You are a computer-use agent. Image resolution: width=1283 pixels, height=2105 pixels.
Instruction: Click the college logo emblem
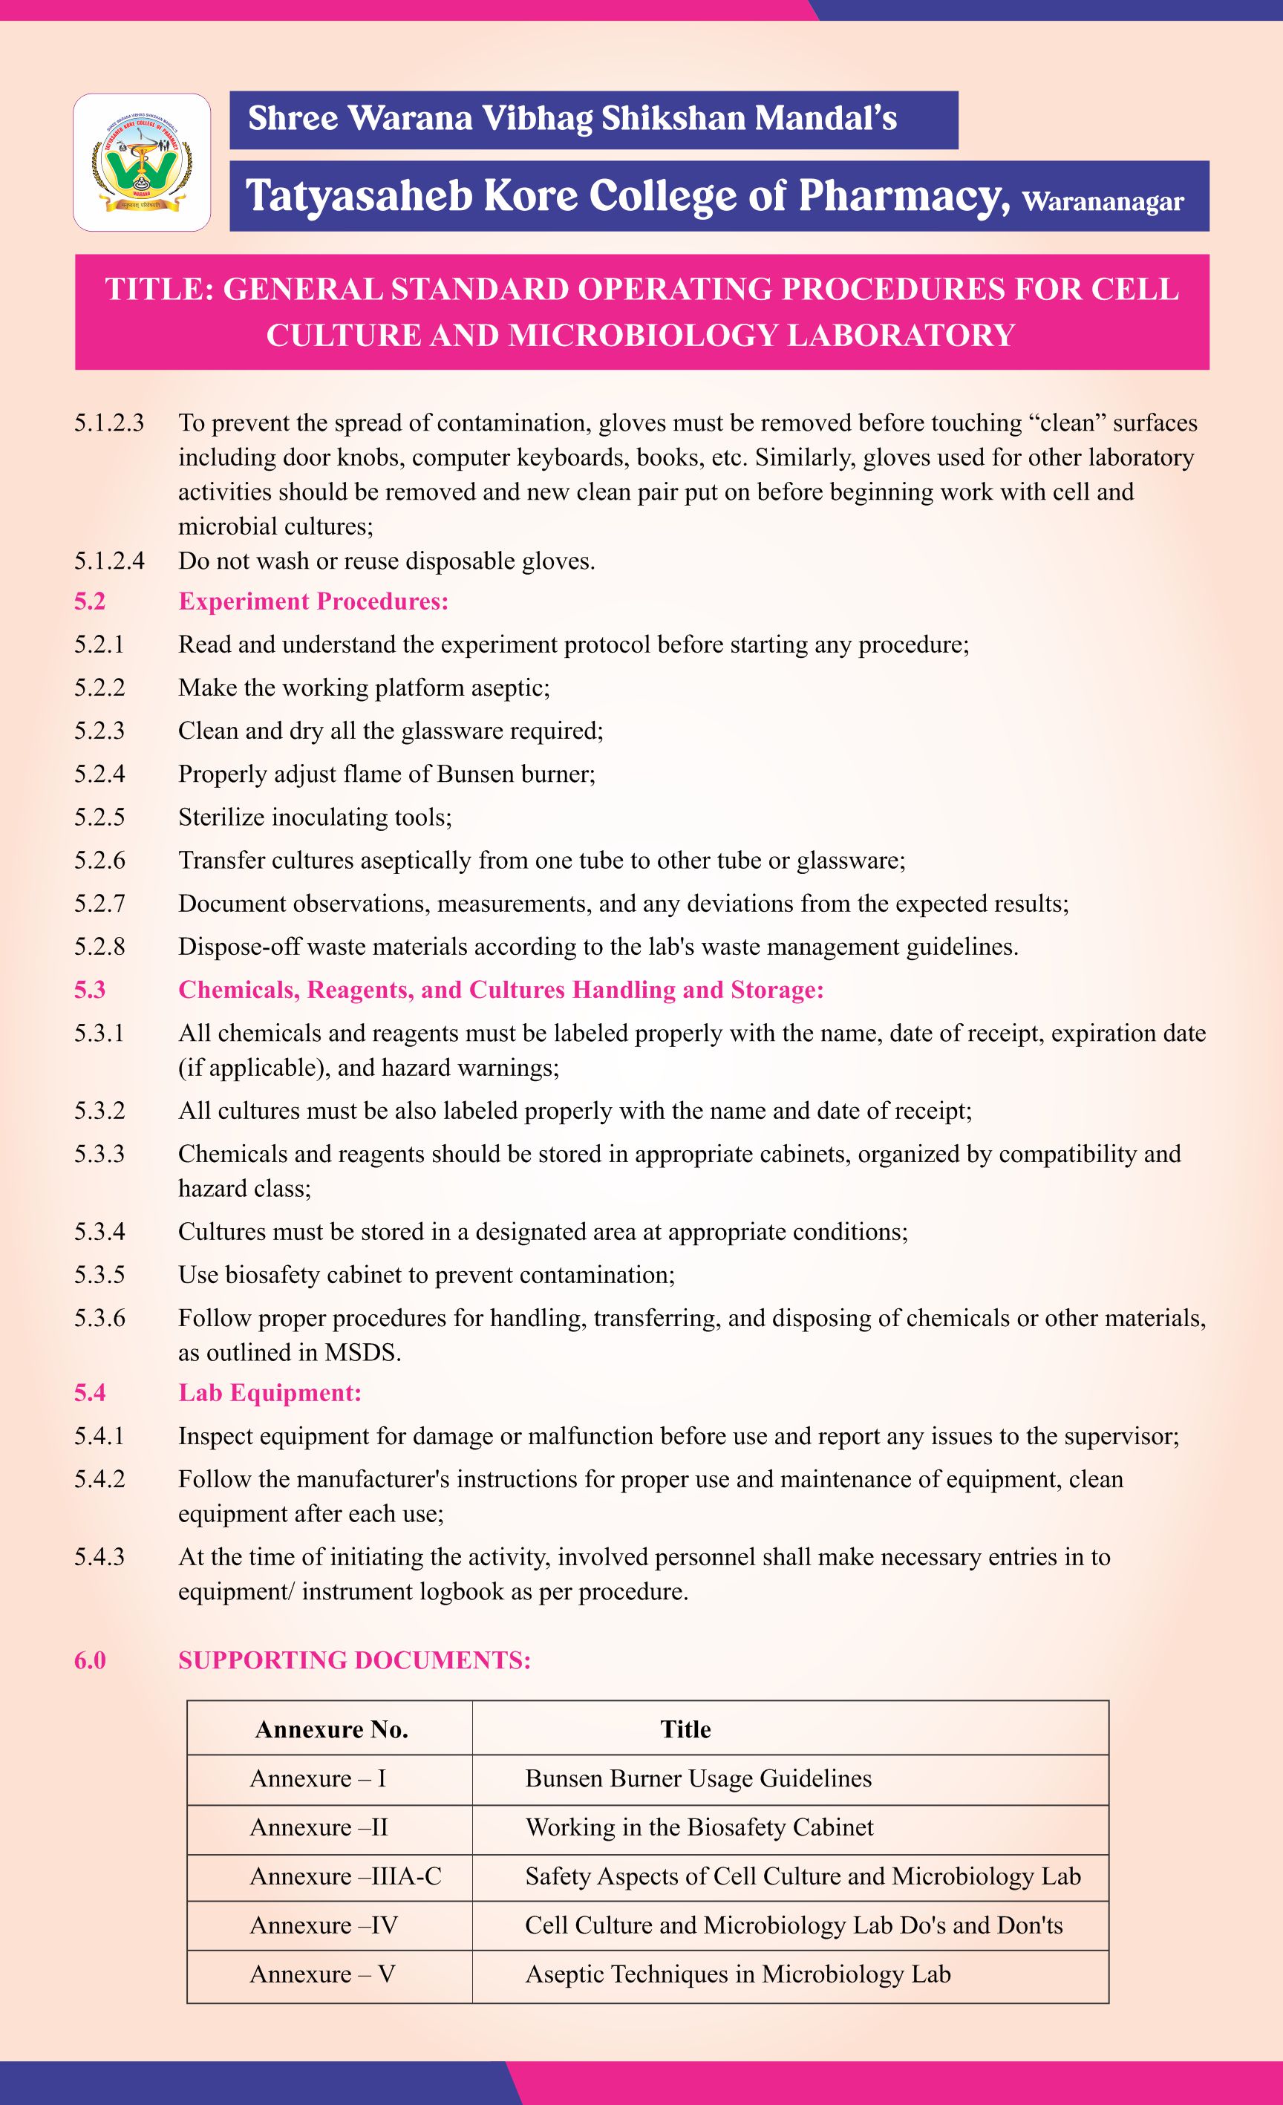(142, 163)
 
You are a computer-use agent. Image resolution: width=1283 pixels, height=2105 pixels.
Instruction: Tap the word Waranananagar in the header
(1102, 203)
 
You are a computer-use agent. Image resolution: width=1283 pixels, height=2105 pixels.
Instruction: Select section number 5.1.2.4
(109, 561)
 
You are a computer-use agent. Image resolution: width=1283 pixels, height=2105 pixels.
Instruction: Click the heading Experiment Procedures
(313, 601)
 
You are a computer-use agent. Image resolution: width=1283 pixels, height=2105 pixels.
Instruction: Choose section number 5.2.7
(99, 904)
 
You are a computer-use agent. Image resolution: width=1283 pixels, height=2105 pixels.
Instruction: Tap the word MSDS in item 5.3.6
(362, 1352)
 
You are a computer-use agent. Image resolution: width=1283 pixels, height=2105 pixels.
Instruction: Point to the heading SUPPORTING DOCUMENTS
(354, 1660)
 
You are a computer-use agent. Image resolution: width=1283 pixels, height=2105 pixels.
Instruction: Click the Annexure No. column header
(331, 1730)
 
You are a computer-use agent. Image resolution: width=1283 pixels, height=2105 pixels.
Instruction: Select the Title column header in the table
(685, 1729)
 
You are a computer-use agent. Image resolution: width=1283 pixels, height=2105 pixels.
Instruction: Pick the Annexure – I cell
(318, 1778)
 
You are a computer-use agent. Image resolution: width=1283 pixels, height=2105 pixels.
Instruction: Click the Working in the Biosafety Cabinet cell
(699, 1827)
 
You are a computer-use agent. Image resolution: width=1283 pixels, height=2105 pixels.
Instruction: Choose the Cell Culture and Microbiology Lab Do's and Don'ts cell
(794, 1925)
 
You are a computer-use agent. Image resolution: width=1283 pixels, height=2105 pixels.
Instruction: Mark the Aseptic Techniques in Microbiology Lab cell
(737, 1974)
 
